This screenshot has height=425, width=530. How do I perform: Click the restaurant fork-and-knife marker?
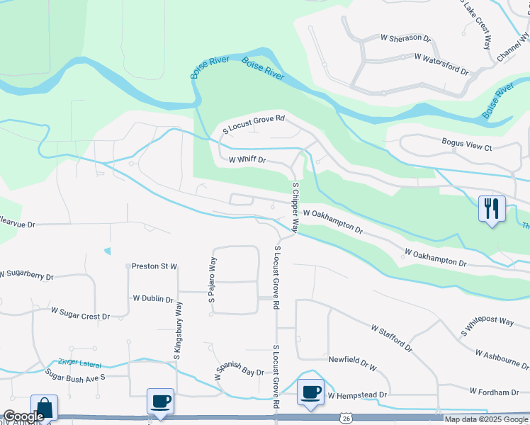pos(492,208)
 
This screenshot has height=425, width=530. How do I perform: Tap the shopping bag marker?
pos(44,409)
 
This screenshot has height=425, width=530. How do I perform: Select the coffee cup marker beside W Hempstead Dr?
pos(310,392)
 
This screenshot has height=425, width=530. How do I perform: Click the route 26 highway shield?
pos(345,419)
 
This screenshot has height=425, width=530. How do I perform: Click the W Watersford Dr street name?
pos(441,63)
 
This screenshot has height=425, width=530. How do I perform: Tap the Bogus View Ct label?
pos(466,146)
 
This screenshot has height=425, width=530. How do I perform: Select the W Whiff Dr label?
pos(247,161)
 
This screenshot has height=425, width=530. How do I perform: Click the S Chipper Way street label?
pos(295,207)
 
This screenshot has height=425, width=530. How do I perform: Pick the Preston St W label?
pos(154,266)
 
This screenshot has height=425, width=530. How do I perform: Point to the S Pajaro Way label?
pos(212,281)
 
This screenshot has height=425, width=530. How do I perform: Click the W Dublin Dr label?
pos(153,299)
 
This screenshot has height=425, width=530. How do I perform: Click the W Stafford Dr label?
pos(392,338)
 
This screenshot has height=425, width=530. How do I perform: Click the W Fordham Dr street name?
pos(494,392)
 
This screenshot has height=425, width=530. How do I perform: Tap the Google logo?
pos(23,416)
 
